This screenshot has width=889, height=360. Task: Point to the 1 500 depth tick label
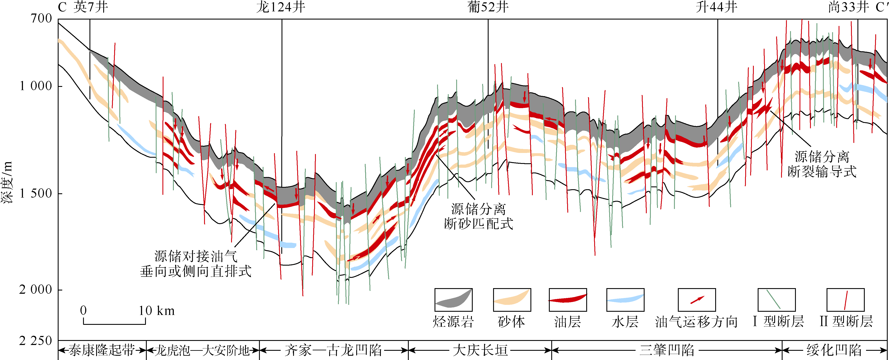tap(36, 193)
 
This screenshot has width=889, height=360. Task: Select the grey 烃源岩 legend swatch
tap(453, 299)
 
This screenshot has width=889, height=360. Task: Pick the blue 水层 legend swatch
tap(625, 299)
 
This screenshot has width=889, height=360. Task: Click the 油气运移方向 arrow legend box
tap(697, 299)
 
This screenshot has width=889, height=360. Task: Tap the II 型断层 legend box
tap(845, 299)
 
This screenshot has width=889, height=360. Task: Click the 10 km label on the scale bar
tap(156, 311)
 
